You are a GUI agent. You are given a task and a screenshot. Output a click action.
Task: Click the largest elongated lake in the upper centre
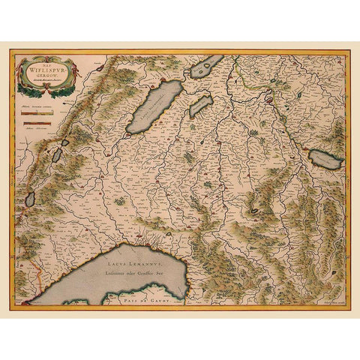(154, 107)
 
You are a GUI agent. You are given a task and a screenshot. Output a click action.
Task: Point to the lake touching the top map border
(207, 67)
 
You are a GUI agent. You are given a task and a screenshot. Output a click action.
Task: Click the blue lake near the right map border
(326, 158)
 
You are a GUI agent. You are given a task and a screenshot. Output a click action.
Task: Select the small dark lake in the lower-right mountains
(255, 211)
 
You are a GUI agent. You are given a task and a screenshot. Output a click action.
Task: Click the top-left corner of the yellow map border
(11, 51)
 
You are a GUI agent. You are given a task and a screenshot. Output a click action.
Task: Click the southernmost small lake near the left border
(30, 199)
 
